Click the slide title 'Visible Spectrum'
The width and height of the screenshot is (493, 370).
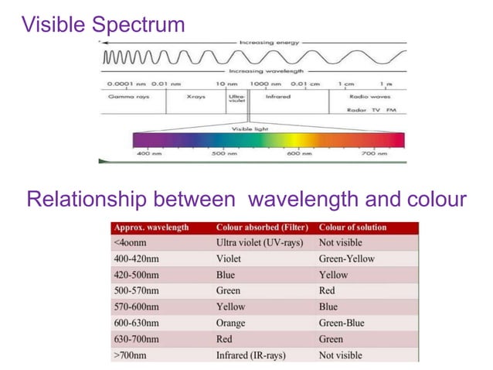point(104,24)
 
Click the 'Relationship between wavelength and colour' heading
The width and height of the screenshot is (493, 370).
point(246,200)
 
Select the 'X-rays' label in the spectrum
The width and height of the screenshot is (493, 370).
point(195,98)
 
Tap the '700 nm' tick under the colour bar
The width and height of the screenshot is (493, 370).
point(373,154)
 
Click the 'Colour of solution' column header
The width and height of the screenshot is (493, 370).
point(353,228)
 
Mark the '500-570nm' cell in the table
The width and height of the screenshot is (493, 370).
point(137,291)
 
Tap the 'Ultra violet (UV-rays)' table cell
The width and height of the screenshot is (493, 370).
point(260,242)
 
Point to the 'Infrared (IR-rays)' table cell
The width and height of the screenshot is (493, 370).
point(254,355)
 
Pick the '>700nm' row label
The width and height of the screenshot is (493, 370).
point(131,355)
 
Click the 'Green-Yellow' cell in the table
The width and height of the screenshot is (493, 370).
point(346,259)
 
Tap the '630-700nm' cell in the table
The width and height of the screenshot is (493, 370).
point(137,339)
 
